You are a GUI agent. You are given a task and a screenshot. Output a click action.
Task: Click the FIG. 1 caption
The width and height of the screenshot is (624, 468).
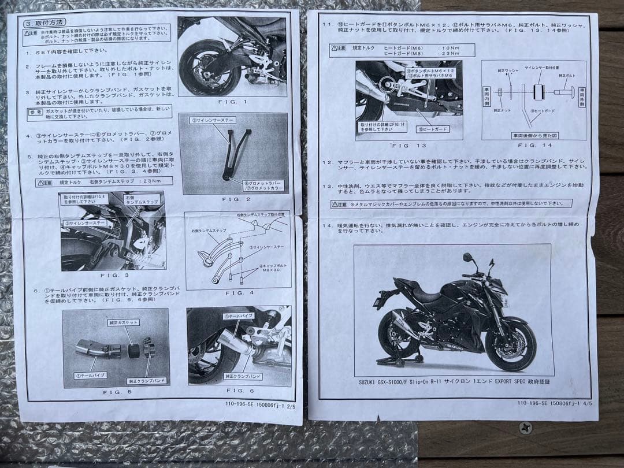click(x=232, y=102)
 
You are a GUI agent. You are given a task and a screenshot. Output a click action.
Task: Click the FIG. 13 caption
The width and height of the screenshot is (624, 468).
click(x=408, y=146)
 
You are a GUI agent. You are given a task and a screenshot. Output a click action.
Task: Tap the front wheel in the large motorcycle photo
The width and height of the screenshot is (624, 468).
click(x=510, y=346)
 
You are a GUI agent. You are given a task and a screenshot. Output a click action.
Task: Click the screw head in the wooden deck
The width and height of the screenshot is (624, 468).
click(x=525, y=428)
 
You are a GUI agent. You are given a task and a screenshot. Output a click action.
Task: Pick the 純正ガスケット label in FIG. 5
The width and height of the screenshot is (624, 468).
click(x=123, y=322)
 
